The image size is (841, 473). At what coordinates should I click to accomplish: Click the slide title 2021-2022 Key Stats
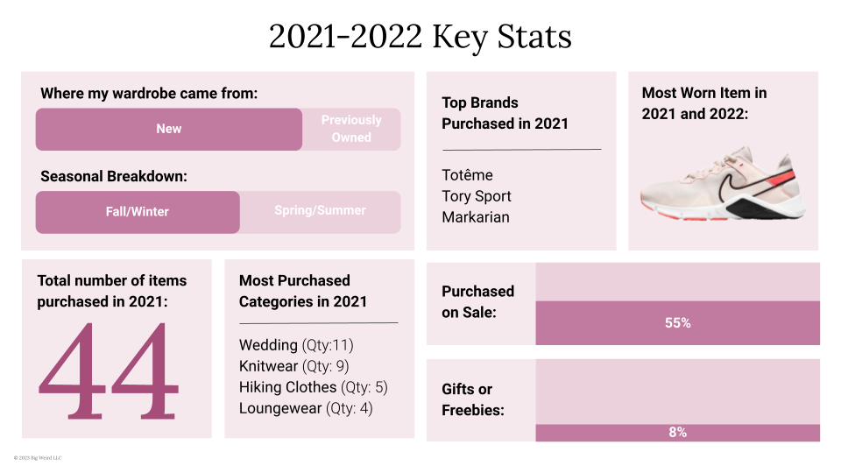tap(420, 37)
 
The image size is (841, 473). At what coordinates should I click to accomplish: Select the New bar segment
tap(168, 129)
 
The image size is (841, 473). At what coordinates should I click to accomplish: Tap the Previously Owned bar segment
tap(351, 129)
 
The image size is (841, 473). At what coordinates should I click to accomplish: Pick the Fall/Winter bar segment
tap(138, 212)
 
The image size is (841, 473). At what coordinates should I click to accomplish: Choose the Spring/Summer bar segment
tap(320, 211)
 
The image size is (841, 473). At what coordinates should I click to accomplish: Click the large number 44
tap(109, 371)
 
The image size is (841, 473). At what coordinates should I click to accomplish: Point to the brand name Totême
tap(467, 175)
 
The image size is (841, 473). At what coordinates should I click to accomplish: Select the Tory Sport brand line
tap(477, 196)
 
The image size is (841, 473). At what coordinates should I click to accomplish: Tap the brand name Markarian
tap(476, 217)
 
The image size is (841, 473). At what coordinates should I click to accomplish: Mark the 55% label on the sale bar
tap(677, 323)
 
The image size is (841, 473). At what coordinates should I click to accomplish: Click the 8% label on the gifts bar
tap(677, 433)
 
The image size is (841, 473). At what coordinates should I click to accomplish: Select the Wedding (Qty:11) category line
tap(296, 345)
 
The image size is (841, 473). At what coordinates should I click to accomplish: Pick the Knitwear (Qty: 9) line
tap(294, 366)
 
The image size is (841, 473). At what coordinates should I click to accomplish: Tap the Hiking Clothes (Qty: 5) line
tap(313, 387)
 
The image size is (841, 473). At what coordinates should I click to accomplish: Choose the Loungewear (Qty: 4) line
tap(306, 408)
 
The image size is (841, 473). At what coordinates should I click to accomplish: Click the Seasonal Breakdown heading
tap(114, 176)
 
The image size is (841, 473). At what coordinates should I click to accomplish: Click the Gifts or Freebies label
tap(473, 399)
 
